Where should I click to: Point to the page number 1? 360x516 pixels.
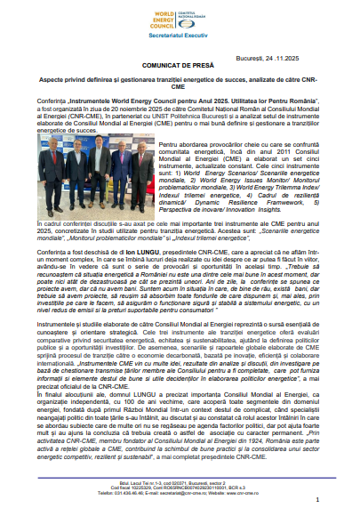tap(316, 500)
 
